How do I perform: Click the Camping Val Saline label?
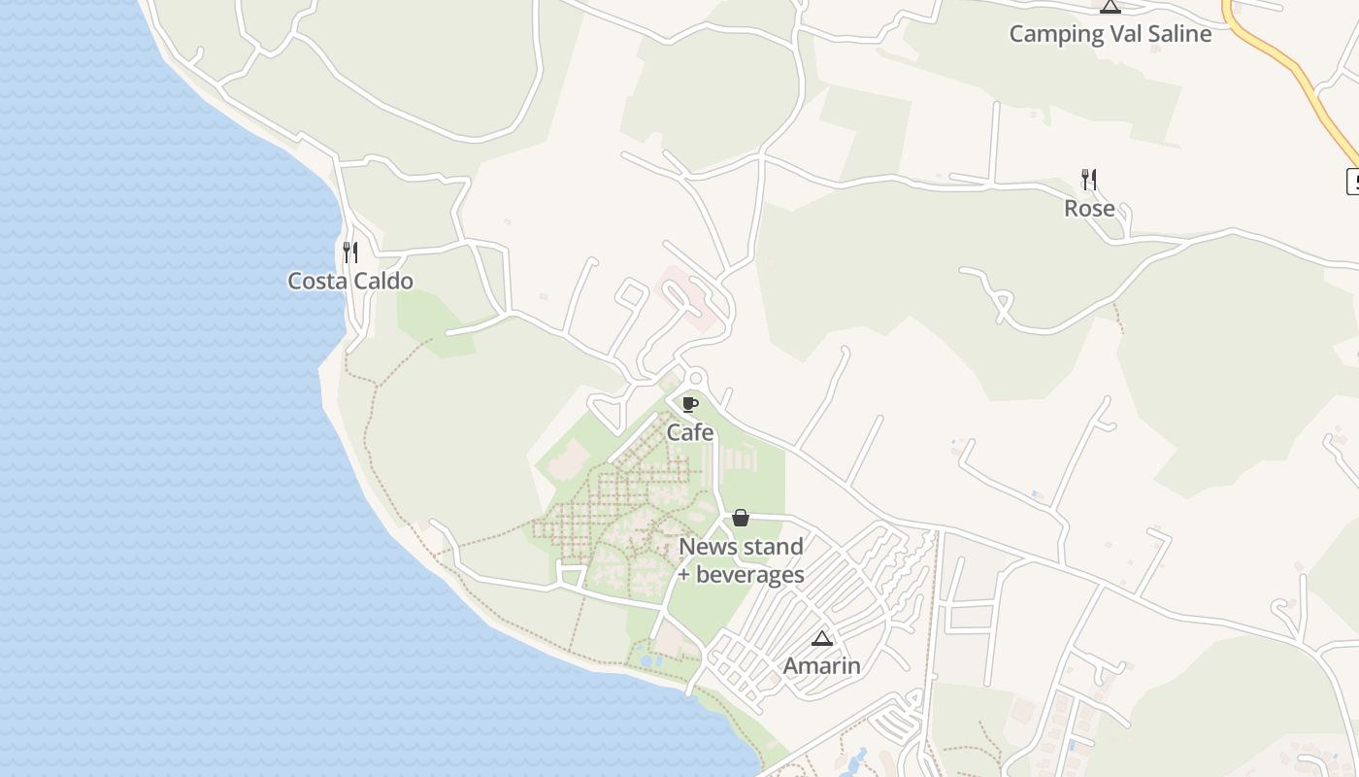pos(1110,34)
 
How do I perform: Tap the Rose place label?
pos(1089,209)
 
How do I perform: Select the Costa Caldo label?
pos(350,282)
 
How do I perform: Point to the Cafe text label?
pos(690,432)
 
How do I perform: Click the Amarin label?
pos(821,665)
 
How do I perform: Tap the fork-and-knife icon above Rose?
pos(1089,180)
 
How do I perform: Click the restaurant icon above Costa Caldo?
pos(350,253)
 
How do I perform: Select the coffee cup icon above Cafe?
pos(690,404)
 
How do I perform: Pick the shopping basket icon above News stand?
pos(741,518)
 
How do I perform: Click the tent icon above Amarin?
pos(822,638)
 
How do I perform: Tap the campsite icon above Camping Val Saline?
pos(1110,7)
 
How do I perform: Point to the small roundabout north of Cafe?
pos(695,378)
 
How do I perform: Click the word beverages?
pos(750,575)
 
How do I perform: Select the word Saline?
pos(1176,34)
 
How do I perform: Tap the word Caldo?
pos(382,282)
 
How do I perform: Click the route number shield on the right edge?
pos(1352,181)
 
